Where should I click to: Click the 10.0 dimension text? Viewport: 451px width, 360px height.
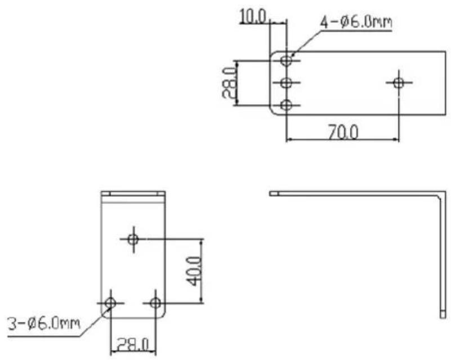253,17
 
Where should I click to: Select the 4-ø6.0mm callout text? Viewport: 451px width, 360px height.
356,22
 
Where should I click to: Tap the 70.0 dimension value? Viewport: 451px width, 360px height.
343,133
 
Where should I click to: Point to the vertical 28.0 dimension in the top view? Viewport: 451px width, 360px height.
229,83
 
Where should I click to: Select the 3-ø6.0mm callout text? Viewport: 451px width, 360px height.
43,324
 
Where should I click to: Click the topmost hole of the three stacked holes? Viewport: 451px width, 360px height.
286,61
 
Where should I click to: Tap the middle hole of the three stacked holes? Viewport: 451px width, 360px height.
286,83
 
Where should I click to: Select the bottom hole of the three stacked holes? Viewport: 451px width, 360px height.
286,105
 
